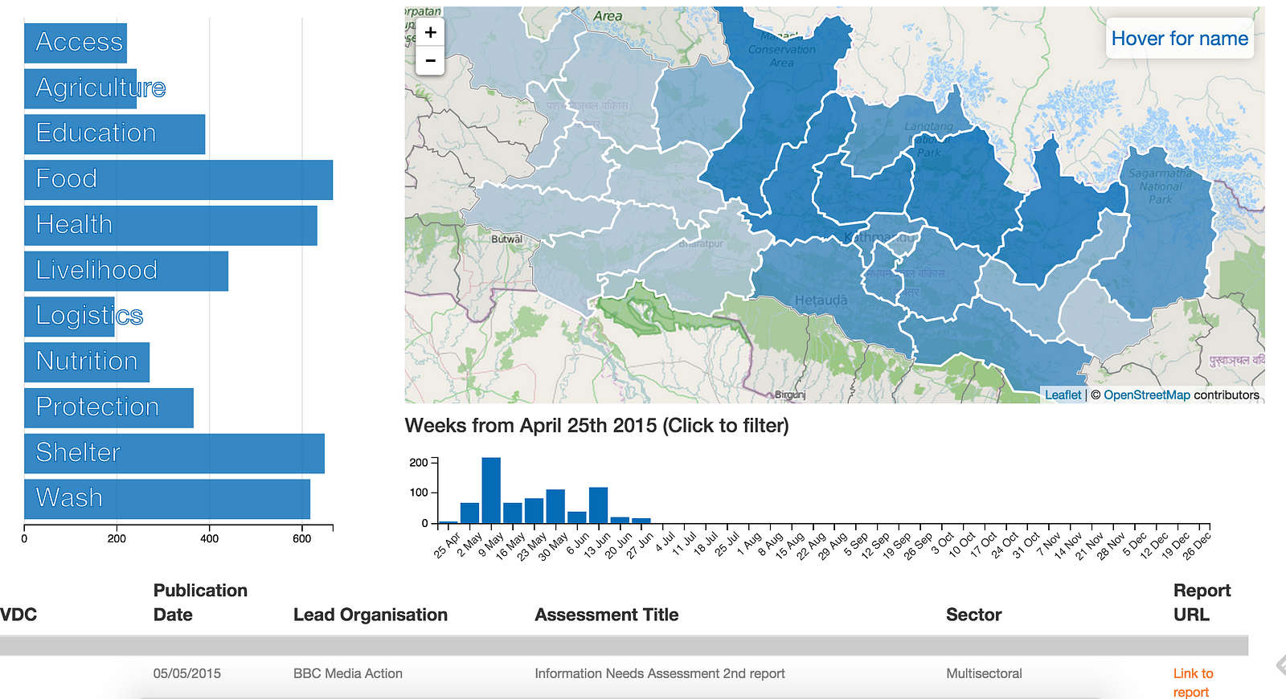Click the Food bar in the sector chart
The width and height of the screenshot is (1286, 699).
click(x=178, y=180)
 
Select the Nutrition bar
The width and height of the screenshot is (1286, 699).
click(x=87, y=362)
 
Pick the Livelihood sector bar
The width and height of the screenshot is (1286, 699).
click(x=126, y=272)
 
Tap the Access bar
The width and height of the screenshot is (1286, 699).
click(x=76, y=43)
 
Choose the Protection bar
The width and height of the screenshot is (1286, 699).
click(x=109, y=408)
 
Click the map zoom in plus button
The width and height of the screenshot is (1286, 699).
click(x=431, y=32)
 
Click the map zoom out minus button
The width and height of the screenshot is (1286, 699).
click(x=431, y=60)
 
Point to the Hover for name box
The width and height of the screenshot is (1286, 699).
click(x=1179, y=39)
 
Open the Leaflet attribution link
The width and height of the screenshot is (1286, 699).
click(x=1063, y=394)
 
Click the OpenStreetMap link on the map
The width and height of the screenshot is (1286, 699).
click(x=1146, y=394)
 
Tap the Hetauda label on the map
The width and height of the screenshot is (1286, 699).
click(x=821, y=300)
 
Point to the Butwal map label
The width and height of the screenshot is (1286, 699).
click(x=506, y=239)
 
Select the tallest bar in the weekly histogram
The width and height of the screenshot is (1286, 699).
click(x=491, y=490)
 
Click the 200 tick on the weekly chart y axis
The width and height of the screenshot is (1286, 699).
click(x=419, y=462)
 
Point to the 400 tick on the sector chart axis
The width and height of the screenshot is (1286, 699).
click(x=209, y=538)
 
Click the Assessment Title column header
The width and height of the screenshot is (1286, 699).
click(x=607, y=615)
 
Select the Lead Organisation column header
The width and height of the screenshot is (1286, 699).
click(x=371, y=615)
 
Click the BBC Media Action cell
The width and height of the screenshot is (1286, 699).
click(x=348, y=673)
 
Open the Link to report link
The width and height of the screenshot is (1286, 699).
click(x=1193, y=682)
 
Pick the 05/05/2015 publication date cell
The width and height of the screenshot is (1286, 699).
click(x=187, y=673)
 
